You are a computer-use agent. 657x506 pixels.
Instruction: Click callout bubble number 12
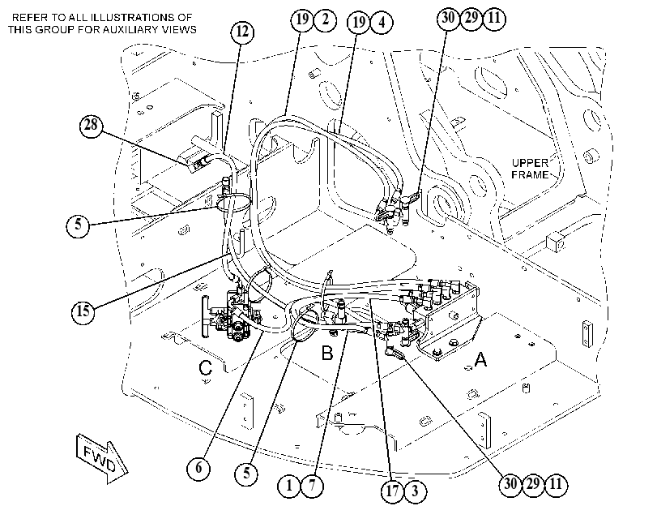coord(242,32)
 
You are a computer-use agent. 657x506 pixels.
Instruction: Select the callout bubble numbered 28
coord(91,125)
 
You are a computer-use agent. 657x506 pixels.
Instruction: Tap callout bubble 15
coord(83,311)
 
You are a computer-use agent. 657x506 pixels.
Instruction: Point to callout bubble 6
coord(198,467)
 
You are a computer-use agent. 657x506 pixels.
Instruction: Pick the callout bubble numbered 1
coord(289,486)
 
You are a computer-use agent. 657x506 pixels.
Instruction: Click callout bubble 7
coord(312,486)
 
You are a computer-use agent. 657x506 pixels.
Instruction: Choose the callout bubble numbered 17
coord(393,491)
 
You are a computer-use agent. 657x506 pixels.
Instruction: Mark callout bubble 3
coord(416,491)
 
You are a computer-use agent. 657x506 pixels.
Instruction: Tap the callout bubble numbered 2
coord(325,19)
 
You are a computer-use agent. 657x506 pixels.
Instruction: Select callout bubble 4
coord(382,22)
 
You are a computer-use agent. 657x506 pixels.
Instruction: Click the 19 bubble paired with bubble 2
coord(302,19)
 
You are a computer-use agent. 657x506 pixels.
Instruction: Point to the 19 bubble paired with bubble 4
coord(359,22)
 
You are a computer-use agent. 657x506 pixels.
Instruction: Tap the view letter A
coord(480,359)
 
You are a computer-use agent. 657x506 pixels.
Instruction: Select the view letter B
coord(327,353)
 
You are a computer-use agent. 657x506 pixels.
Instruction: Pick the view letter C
coord(205,368)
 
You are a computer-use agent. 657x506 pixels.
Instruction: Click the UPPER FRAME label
coord(530,169)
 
